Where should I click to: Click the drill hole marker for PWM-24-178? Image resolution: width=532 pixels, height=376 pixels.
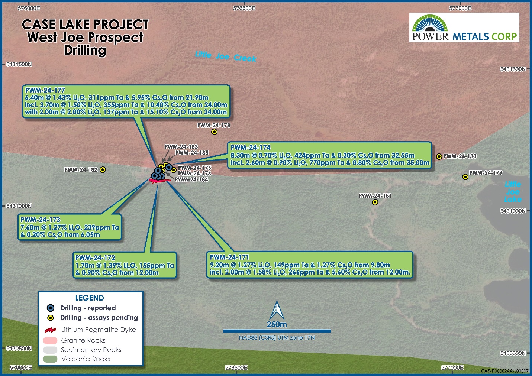pyautogui.click(x=214, y=132)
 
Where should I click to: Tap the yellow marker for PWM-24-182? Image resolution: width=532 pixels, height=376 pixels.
pyautogui.click(x=103, y=170)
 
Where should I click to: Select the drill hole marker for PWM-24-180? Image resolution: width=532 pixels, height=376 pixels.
pyautogui.click(x=439, y=156)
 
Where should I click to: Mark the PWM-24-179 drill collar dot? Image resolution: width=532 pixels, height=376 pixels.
pyautogui.click(x=465, y=177)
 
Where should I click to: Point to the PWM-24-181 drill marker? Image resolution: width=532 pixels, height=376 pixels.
pyautogui.click(x=375, y=202)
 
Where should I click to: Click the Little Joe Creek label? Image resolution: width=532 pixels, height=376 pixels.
pyautogui.click(x=226, y=56)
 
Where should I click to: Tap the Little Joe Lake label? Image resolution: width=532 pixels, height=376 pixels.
pyautogui.click(x=513, y=192)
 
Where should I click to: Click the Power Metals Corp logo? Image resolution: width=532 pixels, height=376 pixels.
pyautogui.click(x=464, y=27)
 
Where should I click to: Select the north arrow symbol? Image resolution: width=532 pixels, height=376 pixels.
pyautogui.click(x=277, y=310)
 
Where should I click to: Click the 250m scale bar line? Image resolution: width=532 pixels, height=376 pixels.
pyautogui.click(x=277, y=331)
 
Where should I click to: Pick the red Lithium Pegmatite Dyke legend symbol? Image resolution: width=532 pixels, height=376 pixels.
pyautogui.click(x=50, y=330)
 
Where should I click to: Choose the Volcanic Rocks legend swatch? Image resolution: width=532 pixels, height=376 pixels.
pyautogui.click(x=50, y=359)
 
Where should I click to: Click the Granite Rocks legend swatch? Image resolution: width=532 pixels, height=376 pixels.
pyautogui.click(x=50, y=340)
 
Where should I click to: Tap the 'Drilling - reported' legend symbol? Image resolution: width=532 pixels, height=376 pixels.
pyautogui.click(x=51, y=308)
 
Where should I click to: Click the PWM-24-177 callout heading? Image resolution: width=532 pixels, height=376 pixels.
pyautogui.click(x=45, y=90)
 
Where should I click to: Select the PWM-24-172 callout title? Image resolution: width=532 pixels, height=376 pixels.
pyautogui.click(x=95, y=258)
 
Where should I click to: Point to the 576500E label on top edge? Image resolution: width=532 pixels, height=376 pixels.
pyautogui.click(x=244, y=8)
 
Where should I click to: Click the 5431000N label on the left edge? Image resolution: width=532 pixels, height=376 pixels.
pyautogui.click(x=19, y=206)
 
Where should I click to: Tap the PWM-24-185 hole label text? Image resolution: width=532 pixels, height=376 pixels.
pyautogui.click(x=192, y=153)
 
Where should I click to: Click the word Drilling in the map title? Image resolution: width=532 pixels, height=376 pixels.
pyautogui.click(x=85, y=50)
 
